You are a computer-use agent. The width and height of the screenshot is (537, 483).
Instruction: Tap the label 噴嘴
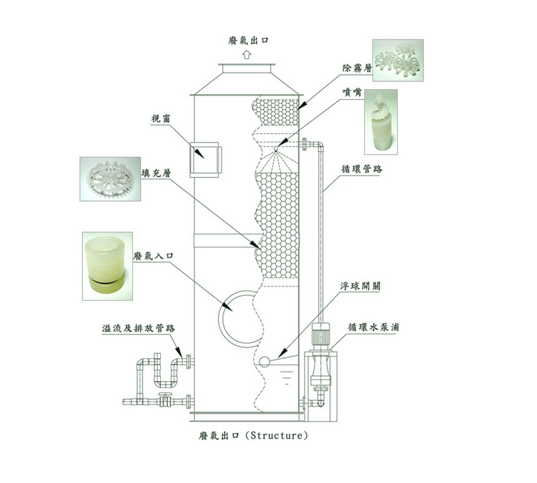(345, 91)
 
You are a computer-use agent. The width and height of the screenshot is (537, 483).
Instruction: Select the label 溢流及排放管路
(139, 329)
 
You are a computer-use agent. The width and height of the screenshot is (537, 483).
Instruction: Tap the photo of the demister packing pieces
(398, 60)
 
